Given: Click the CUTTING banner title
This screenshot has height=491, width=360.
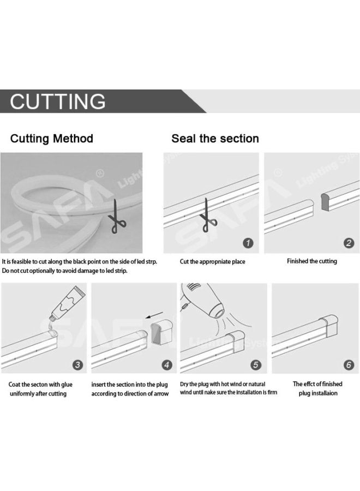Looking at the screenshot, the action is click(x=58, y=101).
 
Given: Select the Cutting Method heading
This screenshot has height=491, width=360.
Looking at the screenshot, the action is click(x=52, y=139).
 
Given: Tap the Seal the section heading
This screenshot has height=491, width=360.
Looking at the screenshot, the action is click(x=215, y=139).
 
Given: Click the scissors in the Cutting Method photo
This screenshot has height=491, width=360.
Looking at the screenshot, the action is click(x=117, y=217).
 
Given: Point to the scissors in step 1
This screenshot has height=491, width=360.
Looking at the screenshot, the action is click(x=208, y=215).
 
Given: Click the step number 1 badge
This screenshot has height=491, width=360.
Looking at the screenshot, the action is click(x=248, y=243).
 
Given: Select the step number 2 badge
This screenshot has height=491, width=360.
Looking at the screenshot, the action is click(x=349, y=243).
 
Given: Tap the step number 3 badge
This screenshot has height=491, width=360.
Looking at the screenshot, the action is click(x=77, y=364).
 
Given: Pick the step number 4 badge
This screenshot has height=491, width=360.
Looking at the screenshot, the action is click(x=166, y=364).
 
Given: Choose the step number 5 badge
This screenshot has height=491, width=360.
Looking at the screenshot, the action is click(x=256, y=364).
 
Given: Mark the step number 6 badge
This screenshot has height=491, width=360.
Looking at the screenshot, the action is click(x=349, y=364).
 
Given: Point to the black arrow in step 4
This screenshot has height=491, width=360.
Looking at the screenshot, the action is click(x=154, y=315).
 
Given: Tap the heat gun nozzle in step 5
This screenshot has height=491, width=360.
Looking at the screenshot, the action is click(x=217, y=311).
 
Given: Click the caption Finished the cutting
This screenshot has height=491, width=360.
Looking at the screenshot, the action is click(x=312, y=261).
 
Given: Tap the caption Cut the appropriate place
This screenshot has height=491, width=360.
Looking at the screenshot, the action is click(x=212, y=261).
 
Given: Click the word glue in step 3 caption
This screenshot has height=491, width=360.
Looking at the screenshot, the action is click(x=67, y=384).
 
